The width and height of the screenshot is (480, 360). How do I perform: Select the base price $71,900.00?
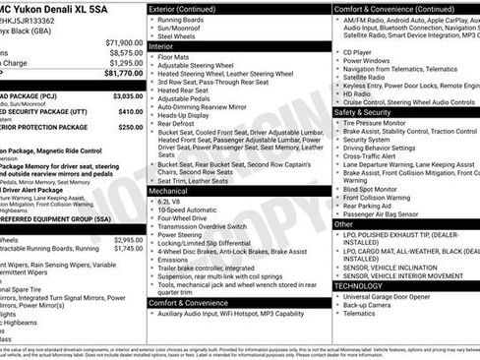[x=124, y=42]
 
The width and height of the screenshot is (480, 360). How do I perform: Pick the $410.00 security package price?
[x=129, y=111]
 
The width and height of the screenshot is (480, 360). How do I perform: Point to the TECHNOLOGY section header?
[x=367, y=285]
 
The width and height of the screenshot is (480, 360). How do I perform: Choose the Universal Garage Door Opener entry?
[x=388, y=296]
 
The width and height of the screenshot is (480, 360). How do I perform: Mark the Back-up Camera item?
[x=369, y=305]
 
